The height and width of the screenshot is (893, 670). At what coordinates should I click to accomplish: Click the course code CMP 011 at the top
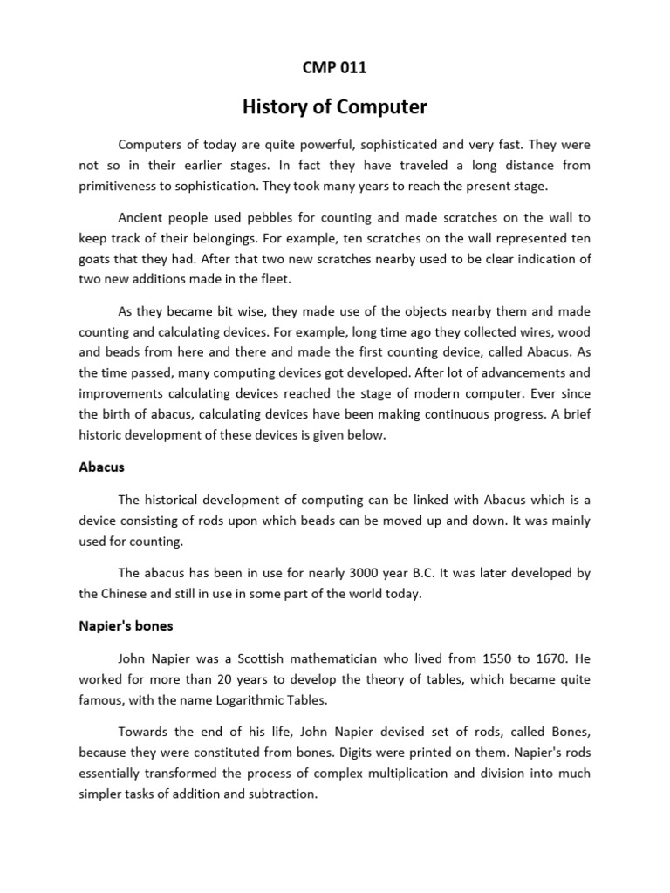(x=334, y=69)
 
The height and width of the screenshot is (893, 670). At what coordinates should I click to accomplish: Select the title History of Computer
(x=334, y=106)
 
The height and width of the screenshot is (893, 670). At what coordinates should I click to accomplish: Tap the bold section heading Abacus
(x=101, y=467)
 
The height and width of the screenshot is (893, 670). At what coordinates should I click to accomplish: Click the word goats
(x=96, y=260)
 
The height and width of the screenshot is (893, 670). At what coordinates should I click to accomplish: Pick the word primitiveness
(x=122, y=186)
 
